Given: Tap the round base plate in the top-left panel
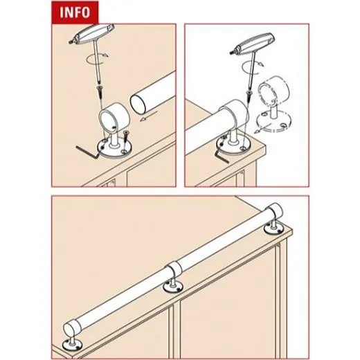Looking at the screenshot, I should (x=114, y=148).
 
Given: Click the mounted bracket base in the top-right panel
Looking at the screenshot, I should (x=231, y=145).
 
